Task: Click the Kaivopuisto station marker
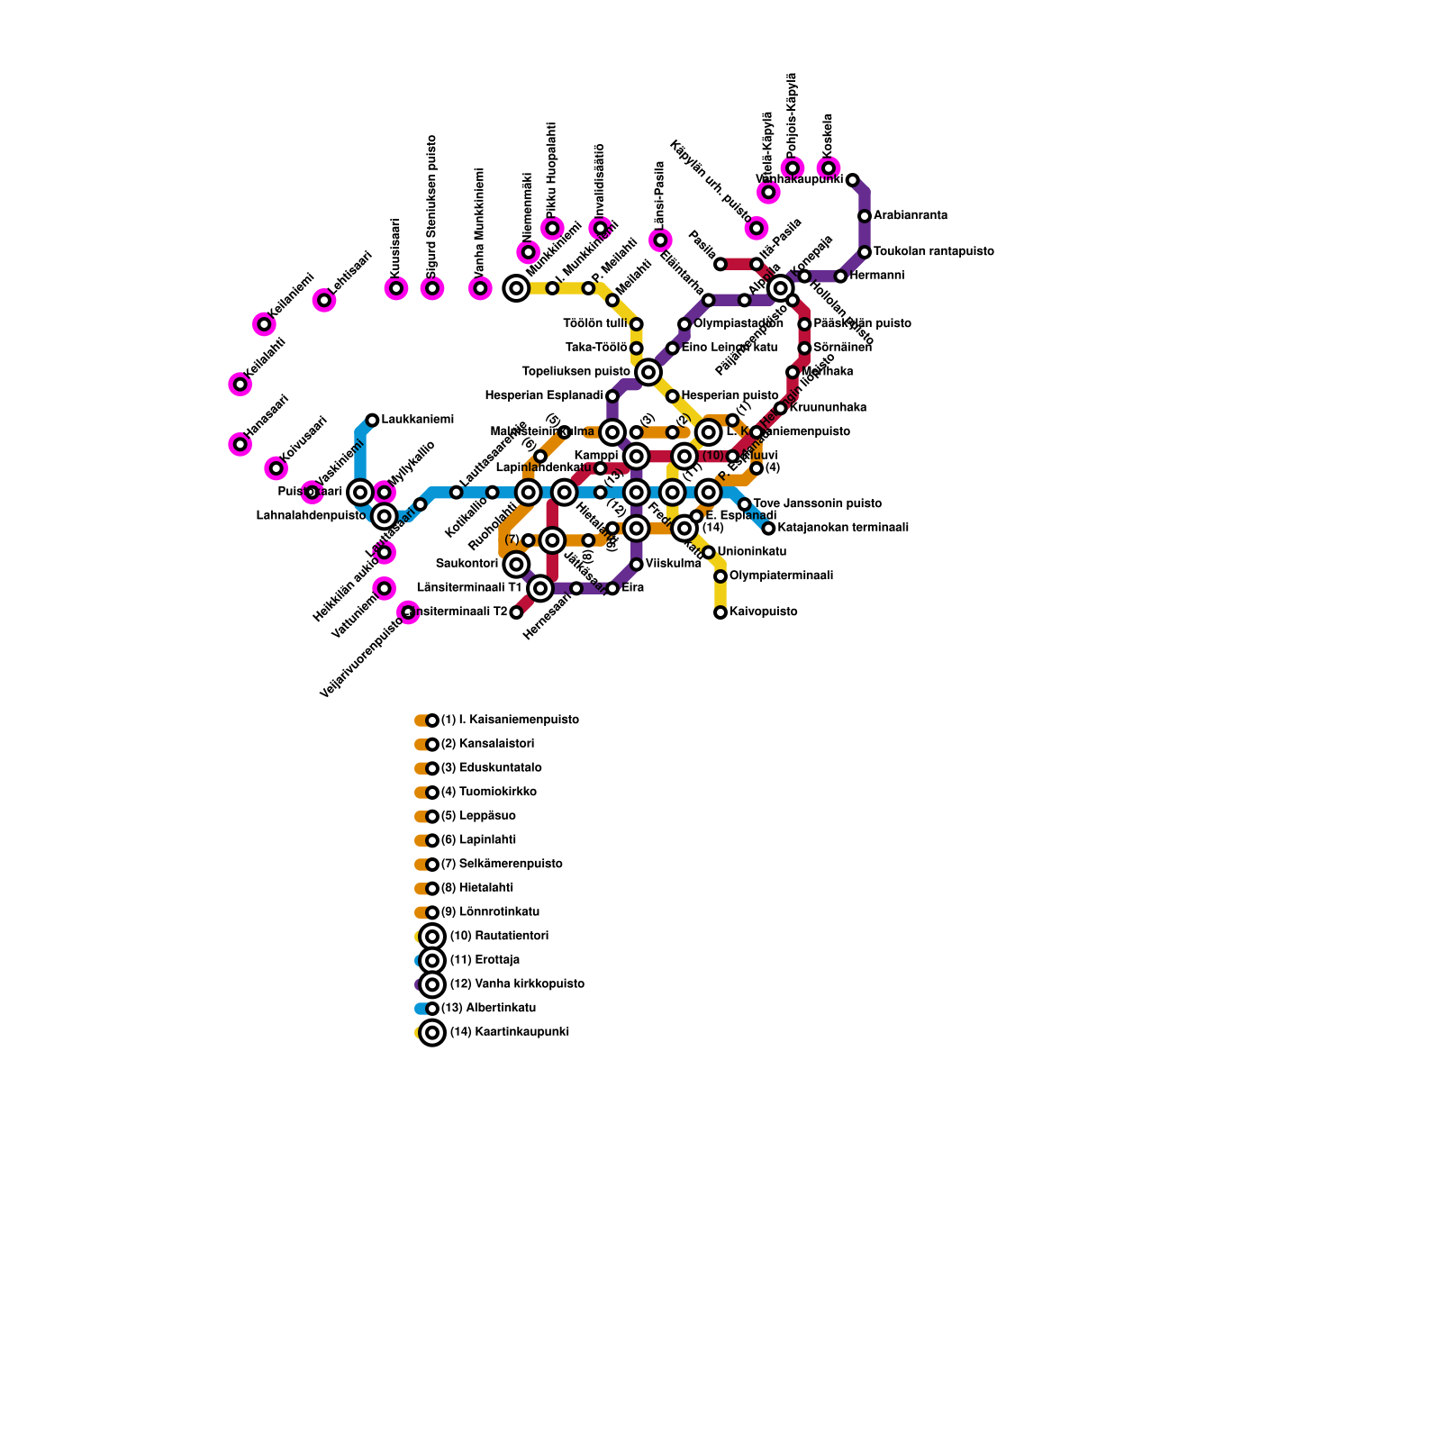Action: coord(720,612)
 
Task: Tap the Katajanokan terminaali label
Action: coord(842,528)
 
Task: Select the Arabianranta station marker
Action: coord(865,216)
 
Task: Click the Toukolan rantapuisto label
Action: coord(933,251)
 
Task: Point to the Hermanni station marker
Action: coord(840,276)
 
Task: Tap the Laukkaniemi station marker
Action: coord(372,420)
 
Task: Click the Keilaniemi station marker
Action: coord(264,324)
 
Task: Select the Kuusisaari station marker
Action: coord(396,288)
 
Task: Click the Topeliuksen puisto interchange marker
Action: coord(648,372)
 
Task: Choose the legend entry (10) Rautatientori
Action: coord(498,937)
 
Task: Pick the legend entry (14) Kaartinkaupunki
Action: coord(509,1032)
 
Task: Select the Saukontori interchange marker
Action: coord(516,565)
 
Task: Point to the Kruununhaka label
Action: coord(828,408)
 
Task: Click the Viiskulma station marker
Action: coord(637,565)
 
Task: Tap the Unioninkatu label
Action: coord(752,552)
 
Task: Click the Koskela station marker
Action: coord(829,168)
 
